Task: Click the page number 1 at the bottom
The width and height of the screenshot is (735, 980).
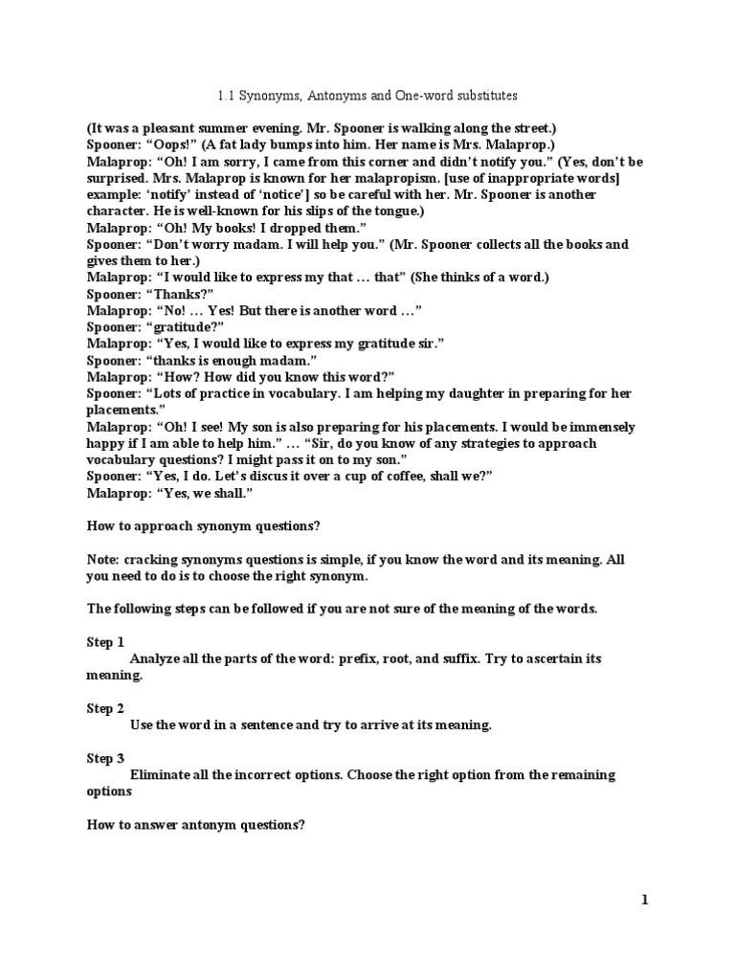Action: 645,899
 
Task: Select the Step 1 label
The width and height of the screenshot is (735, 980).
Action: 105,642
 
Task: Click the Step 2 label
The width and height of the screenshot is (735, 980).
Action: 105,708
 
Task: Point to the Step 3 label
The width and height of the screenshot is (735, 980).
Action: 105,758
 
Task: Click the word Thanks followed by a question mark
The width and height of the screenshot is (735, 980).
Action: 180,294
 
